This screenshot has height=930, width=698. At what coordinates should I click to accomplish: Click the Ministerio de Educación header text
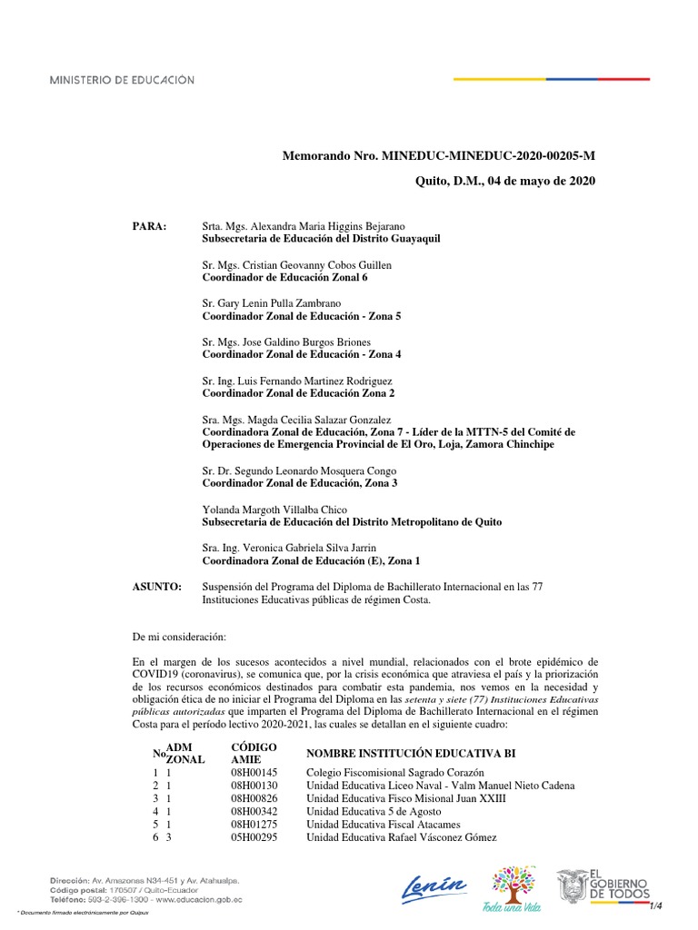point(122,80)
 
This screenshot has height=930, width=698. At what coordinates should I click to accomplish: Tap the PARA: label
point(150,225)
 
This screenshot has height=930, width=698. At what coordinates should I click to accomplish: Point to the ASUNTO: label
point(157,588)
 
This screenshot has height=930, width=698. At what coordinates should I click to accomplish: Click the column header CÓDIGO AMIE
point(254,753)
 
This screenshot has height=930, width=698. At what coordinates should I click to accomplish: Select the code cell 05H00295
point(254,836)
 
